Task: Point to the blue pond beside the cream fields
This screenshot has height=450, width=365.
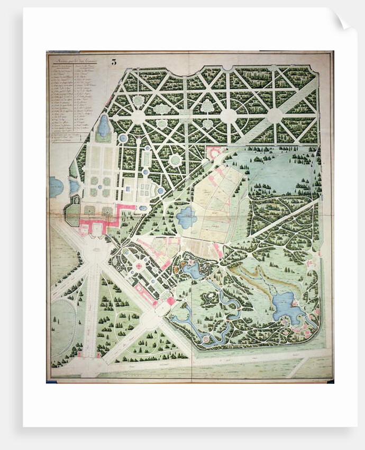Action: point(186,217)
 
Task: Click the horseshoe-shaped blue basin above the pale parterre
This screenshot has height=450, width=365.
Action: point(104,127)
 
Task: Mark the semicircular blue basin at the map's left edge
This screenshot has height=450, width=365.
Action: point(55,187)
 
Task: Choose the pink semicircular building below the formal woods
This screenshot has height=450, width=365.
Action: point(214,153)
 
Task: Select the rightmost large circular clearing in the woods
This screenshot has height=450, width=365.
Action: point(275,116)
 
